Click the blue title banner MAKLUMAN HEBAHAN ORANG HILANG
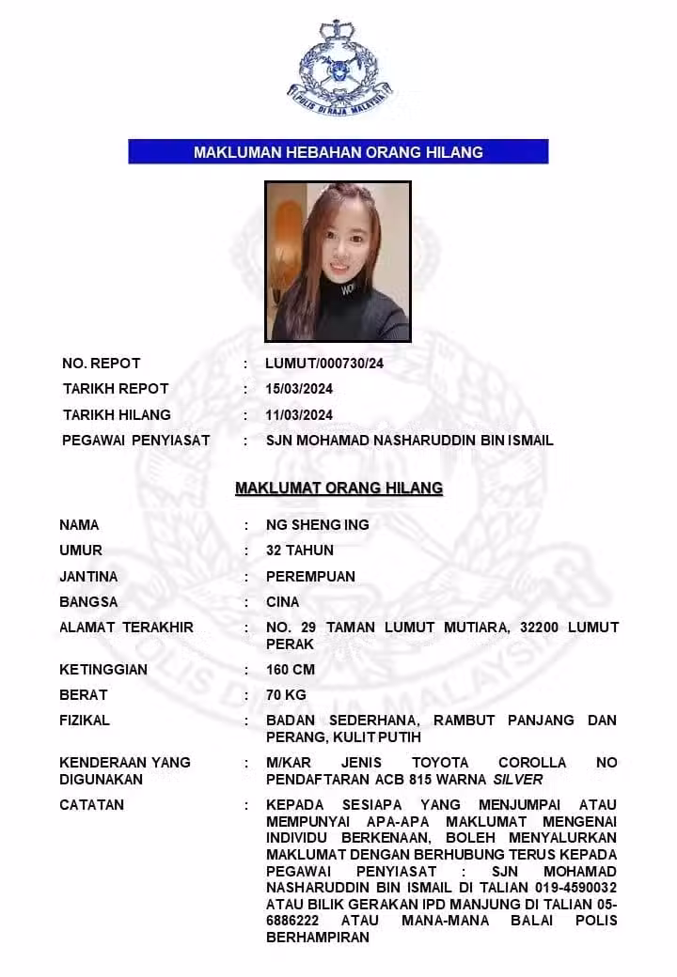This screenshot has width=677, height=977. click(338, 152)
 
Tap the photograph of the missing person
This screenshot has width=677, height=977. click(338, 261)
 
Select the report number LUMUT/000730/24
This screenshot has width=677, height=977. click(325, 364)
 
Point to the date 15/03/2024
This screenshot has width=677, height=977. click(300, 389)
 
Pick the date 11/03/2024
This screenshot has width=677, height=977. click(300, 415)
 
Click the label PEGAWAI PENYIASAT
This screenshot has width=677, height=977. click(136, 441)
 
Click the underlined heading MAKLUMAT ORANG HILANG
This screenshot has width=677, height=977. click(338, 488)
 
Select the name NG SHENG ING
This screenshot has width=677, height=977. click(318, 525)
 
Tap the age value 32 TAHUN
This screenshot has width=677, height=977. click(300, 551)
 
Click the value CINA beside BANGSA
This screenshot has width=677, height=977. click(283, 602)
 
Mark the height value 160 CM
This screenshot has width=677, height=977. click(291, 670)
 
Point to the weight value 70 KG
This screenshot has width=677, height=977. click(287, 695)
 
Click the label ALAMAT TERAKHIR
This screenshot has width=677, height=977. click(126, 628)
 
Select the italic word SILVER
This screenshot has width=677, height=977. click(518, 780)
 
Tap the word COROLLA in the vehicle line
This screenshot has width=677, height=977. click(532, 763)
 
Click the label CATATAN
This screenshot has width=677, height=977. click(91, 805)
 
